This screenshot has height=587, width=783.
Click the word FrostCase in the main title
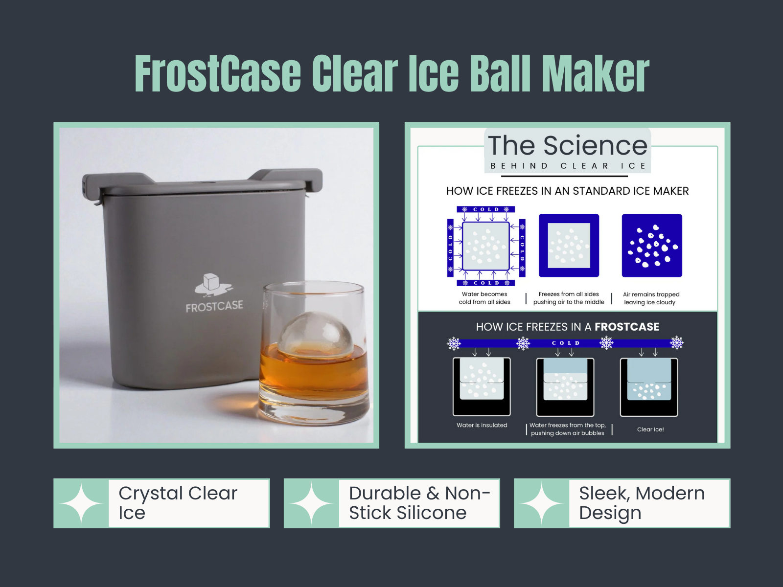(x=218, y=74)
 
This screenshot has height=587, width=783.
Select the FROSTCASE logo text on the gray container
(x=214, y=307)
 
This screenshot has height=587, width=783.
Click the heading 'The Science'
(x=568, y=145)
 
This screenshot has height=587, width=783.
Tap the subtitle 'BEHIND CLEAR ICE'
(x=568, y=166)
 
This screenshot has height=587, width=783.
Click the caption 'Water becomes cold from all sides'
(x=484, y=298)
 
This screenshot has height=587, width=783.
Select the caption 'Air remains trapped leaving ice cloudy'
(x=651, y=298)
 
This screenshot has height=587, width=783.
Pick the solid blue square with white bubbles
(x=652, y=246)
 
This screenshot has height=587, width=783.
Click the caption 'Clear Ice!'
(x=650, y=429)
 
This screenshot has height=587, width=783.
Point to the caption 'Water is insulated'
(x=482, y=425)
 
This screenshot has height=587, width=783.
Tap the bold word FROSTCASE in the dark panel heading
(x=627, y=327)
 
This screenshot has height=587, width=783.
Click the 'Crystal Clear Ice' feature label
(x=178, y=503)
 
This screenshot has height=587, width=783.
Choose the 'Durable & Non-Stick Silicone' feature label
(x=419, y=503)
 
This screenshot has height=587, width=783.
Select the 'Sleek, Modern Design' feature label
(x=642, y=503)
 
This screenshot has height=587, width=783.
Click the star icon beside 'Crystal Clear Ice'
(x=81, y=503)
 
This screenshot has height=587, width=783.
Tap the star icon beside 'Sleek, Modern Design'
(x=542, y=503)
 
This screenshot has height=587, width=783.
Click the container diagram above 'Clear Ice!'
(x=649, y=387)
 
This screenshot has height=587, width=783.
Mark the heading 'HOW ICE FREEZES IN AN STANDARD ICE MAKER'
(x=567, y=191)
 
